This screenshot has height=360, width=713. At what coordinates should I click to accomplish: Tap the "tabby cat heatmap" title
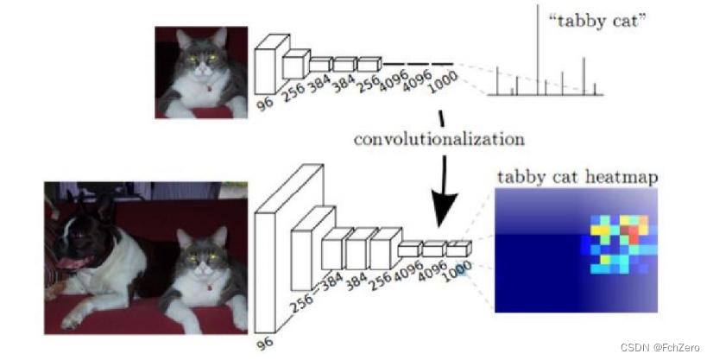pos(577,178)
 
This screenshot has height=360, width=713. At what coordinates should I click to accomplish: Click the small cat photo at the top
pos(202,72)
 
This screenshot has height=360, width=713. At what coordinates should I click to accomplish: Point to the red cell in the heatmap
pos(634,231)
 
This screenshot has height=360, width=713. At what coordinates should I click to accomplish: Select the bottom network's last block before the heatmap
pos(458,251)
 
